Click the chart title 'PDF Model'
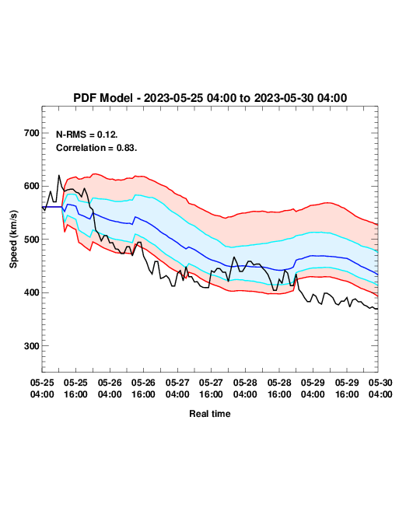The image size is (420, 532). (x=103, y=98)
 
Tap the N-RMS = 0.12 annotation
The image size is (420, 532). (x=87, y=135)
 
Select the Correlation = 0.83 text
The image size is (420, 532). (x=96, y=148)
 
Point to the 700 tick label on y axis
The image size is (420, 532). (x=32, y=133)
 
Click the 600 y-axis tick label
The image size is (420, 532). (x=32, y=186)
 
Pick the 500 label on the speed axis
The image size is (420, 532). (x=32, y=240)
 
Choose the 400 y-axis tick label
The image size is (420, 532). (x=32, y=292)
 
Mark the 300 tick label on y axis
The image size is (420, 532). (x=32, y=346)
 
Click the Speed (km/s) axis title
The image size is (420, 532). (x=13, y=240)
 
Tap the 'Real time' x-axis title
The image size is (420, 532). (x=210, y=414)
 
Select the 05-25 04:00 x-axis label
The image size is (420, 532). (x=42, y=388)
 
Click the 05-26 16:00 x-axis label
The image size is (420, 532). (x=143, y=388)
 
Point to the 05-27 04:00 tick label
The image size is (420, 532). (x=177, y=388)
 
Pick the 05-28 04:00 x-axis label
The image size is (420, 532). (x=245, y=388)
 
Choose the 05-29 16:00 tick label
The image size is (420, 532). (x=347, y=388)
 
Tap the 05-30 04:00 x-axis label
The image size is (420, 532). (x=380, y=388)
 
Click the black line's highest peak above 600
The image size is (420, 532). (x=58, y=176)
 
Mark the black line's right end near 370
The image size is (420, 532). (x=377, y=309)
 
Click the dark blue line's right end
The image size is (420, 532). (x=377, y=274)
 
